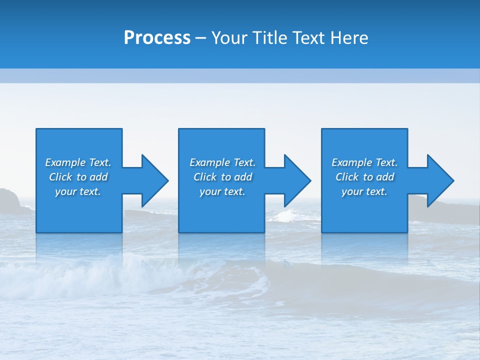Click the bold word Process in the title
click(157, 38)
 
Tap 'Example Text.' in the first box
click(78, 162)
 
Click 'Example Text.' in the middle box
click(222, 162)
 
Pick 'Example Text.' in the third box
click(364, 162)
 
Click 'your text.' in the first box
click(78, 191)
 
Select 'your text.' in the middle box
click(222, 191)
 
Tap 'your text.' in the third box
click(364, 191)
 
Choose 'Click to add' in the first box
click(78, 177)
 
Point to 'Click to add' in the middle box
click(222, 177)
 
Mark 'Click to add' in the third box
click(364, 177)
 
